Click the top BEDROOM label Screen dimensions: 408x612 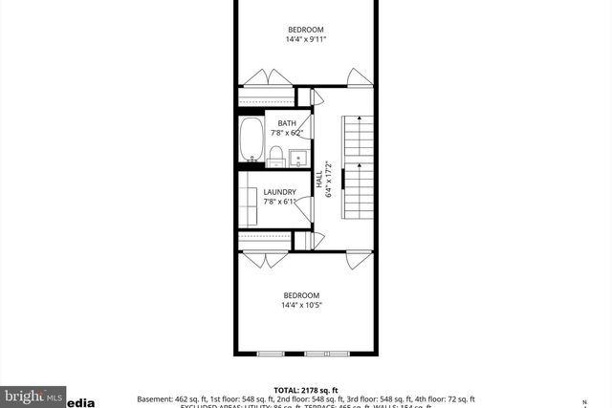click(x=305, y=28)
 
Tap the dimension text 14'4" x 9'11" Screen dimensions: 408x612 click(x=305, y=39)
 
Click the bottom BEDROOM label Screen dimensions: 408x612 click(x=301, y=295)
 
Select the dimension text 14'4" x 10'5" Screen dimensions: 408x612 click(x=301, y=306)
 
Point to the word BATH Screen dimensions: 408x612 click(x=287, y=124)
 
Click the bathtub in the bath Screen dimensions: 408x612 click(x=251, y=140)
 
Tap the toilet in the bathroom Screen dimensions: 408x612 click(x=275, y=156)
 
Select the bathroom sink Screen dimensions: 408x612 click(x=297, y=158)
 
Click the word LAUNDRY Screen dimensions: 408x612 click(x=281, y=192)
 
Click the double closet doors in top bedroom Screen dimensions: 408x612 click(x=267, y=78)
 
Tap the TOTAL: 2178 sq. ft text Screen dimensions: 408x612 click(x=305, y=391)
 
